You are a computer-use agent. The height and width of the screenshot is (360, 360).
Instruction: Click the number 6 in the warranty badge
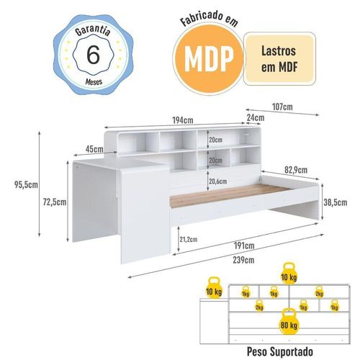93,55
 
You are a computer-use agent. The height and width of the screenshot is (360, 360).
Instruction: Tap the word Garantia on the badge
93,31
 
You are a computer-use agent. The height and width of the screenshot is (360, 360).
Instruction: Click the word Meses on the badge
94,82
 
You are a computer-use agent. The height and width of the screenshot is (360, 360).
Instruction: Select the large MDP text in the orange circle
209,58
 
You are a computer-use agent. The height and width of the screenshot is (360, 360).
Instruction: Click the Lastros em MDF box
279,59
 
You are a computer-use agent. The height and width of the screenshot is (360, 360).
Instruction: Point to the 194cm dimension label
183,120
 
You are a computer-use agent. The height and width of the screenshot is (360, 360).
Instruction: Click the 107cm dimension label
282,107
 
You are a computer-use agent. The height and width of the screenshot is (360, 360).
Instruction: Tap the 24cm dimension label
256,118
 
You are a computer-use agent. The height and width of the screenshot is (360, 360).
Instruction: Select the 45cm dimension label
94,149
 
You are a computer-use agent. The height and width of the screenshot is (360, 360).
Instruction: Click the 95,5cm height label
26,185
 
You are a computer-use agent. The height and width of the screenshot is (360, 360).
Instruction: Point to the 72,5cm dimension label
55,202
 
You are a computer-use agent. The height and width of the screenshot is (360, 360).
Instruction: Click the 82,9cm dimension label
296,170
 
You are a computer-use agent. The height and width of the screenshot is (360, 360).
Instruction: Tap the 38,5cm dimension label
336,202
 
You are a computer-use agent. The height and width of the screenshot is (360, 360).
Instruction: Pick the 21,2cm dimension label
189,239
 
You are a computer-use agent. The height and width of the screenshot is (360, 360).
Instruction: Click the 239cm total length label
243,260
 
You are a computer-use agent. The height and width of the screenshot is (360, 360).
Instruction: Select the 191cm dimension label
244,246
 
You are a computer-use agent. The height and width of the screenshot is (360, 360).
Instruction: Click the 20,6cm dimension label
217,181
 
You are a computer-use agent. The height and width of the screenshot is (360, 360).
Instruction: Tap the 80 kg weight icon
289,322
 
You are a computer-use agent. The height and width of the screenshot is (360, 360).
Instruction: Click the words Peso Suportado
280,351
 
